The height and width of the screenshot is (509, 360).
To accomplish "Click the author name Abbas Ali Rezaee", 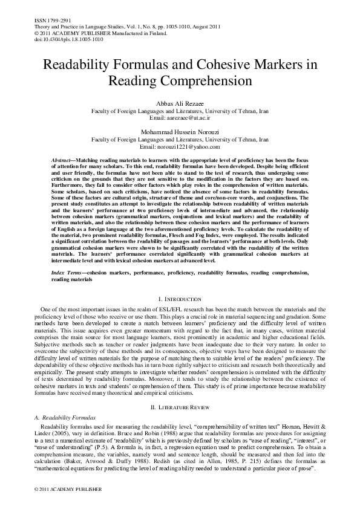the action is tap(180, 104).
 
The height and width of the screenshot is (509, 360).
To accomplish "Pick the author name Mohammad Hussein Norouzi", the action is tap(180, 131).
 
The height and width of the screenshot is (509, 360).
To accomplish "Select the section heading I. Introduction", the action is tap(180, 299).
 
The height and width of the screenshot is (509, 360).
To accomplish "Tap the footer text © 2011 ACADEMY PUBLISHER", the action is tap(59, 488).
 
